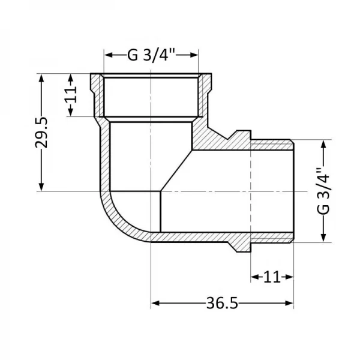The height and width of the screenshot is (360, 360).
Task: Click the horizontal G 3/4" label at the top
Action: pos(151,55)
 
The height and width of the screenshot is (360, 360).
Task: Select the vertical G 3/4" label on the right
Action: pos(323,191)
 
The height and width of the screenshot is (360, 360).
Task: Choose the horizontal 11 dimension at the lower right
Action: pos(272,277)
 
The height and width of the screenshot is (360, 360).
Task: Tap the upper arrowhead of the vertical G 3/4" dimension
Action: pos(324,145)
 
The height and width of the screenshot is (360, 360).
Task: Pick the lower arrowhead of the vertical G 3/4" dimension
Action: pos(324,238)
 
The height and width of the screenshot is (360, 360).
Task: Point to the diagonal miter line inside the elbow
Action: pos(175,171)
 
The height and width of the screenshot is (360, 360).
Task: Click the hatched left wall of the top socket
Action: pos(96,96)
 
